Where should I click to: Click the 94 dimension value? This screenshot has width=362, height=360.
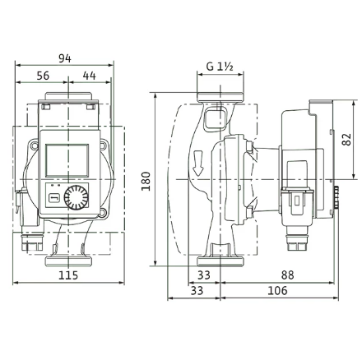point(65,58)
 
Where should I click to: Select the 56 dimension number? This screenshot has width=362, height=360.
point(43,76)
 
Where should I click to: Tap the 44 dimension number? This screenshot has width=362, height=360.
point(90,76)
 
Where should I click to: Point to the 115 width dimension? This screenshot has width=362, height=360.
point(68,275)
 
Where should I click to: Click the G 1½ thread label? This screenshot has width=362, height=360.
point(220,67)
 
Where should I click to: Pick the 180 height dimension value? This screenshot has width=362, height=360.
point(146,181)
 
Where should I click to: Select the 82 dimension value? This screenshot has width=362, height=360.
point(347,140)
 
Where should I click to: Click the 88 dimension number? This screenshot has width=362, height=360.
point(287,275)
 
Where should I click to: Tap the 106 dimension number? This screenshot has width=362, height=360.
point(277,290)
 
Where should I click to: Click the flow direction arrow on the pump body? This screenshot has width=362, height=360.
point(197,163)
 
